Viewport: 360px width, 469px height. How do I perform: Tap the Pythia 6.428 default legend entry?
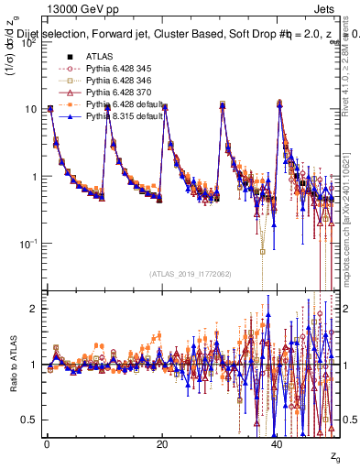tap(120, 104)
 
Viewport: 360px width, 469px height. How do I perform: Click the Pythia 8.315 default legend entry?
tap(120, 116)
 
